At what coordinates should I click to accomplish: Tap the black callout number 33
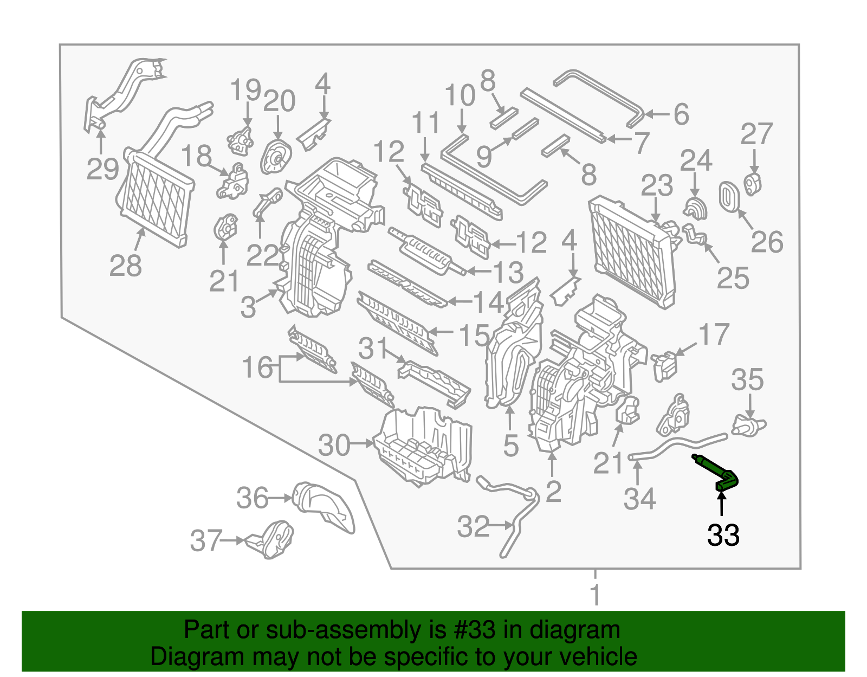point(723,535)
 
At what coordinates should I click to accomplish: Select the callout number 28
point(125,266)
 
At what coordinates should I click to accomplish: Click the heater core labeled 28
point(156,198)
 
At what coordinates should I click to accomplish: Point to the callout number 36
point(253,498)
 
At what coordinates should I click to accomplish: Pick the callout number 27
point(756,134)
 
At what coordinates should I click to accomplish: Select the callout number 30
point(334,445)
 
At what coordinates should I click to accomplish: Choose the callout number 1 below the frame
point(595,595)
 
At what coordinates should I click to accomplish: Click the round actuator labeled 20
point(276,157)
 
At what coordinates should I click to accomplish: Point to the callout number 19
point(245,90)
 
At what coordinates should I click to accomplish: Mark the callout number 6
point(681,114)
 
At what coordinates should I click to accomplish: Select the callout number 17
point(714,334)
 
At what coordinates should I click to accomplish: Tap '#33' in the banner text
point(472,630)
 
